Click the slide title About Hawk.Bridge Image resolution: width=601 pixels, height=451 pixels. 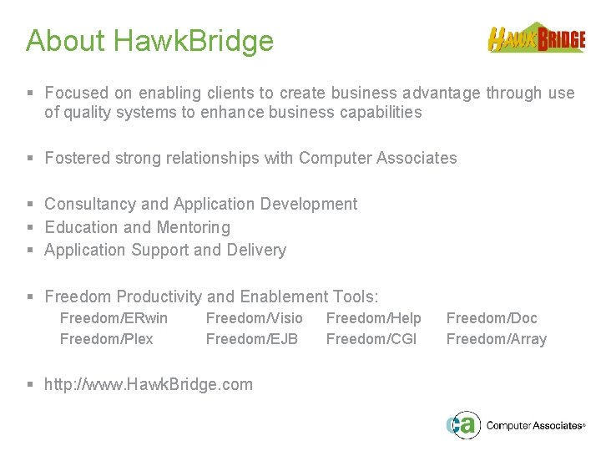(149, 40)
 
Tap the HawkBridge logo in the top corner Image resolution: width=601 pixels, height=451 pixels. (536, 38)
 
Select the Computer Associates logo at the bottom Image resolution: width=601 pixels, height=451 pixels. (515, 424)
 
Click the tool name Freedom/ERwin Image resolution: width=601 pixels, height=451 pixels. (114, 318)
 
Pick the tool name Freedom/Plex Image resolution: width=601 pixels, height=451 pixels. (107, 339)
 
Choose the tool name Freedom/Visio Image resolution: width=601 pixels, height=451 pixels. (254, 318)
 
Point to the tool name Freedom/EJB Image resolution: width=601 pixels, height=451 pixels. (251, 339)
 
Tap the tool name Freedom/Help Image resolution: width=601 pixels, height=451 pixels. (373, 318)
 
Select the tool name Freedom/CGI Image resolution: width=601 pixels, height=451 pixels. (371, 339)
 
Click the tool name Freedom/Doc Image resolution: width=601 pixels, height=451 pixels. (492, 318)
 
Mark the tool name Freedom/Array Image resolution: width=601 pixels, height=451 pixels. (496, 339)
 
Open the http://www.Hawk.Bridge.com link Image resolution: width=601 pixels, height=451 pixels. (148, 384)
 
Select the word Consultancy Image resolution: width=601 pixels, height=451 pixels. (90, 204)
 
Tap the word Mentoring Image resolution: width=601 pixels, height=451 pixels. (194, 227)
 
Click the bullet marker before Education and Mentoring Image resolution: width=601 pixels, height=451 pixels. (30, 227)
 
